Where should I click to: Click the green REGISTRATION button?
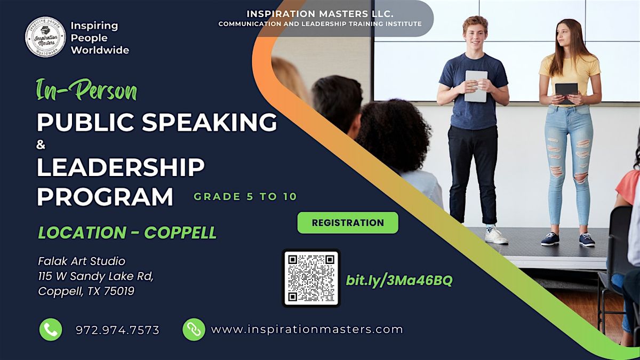click(348, 223)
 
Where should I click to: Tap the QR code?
click(311, 278)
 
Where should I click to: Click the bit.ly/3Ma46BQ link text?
click(399, 281)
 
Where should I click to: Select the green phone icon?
click(51, 330)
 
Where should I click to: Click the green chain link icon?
click(194, 330)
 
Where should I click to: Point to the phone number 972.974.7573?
click(118, 330)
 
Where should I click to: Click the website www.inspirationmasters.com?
click(307, 330)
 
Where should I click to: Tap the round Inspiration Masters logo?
click(45, 37)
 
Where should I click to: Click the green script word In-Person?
click(86, 91)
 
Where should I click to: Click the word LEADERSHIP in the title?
click(121, 168)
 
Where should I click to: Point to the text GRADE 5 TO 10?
click(245, 196)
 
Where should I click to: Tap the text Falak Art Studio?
click(82, 261)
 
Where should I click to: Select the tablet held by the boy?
click(475, 85)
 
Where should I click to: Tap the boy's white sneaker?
click(496, 235)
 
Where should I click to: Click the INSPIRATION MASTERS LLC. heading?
click(319, 14)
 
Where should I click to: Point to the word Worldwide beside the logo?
click(100, 51)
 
